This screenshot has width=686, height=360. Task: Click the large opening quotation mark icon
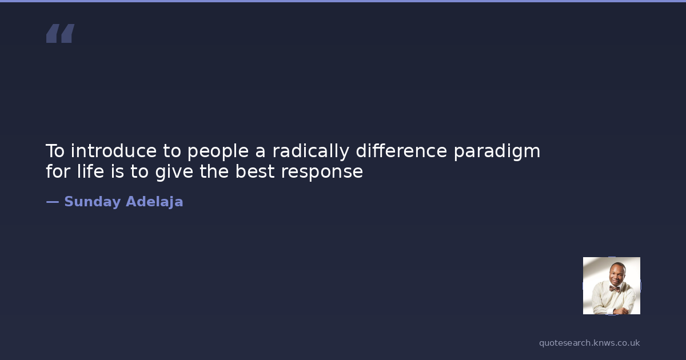61,33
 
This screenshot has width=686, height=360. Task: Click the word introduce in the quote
114,151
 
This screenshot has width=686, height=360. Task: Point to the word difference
401,151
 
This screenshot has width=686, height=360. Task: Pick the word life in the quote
90,171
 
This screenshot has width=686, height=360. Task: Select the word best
255,171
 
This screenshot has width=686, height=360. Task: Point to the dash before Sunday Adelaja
53,202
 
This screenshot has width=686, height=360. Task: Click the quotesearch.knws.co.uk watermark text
589,343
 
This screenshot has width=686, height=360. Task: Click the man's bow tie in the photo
614,289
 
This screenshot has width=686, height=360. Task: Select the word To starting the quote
55,151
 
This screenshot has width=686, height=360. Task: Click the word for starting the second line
58,171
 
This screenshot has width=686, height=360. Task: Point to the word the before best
214,171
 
